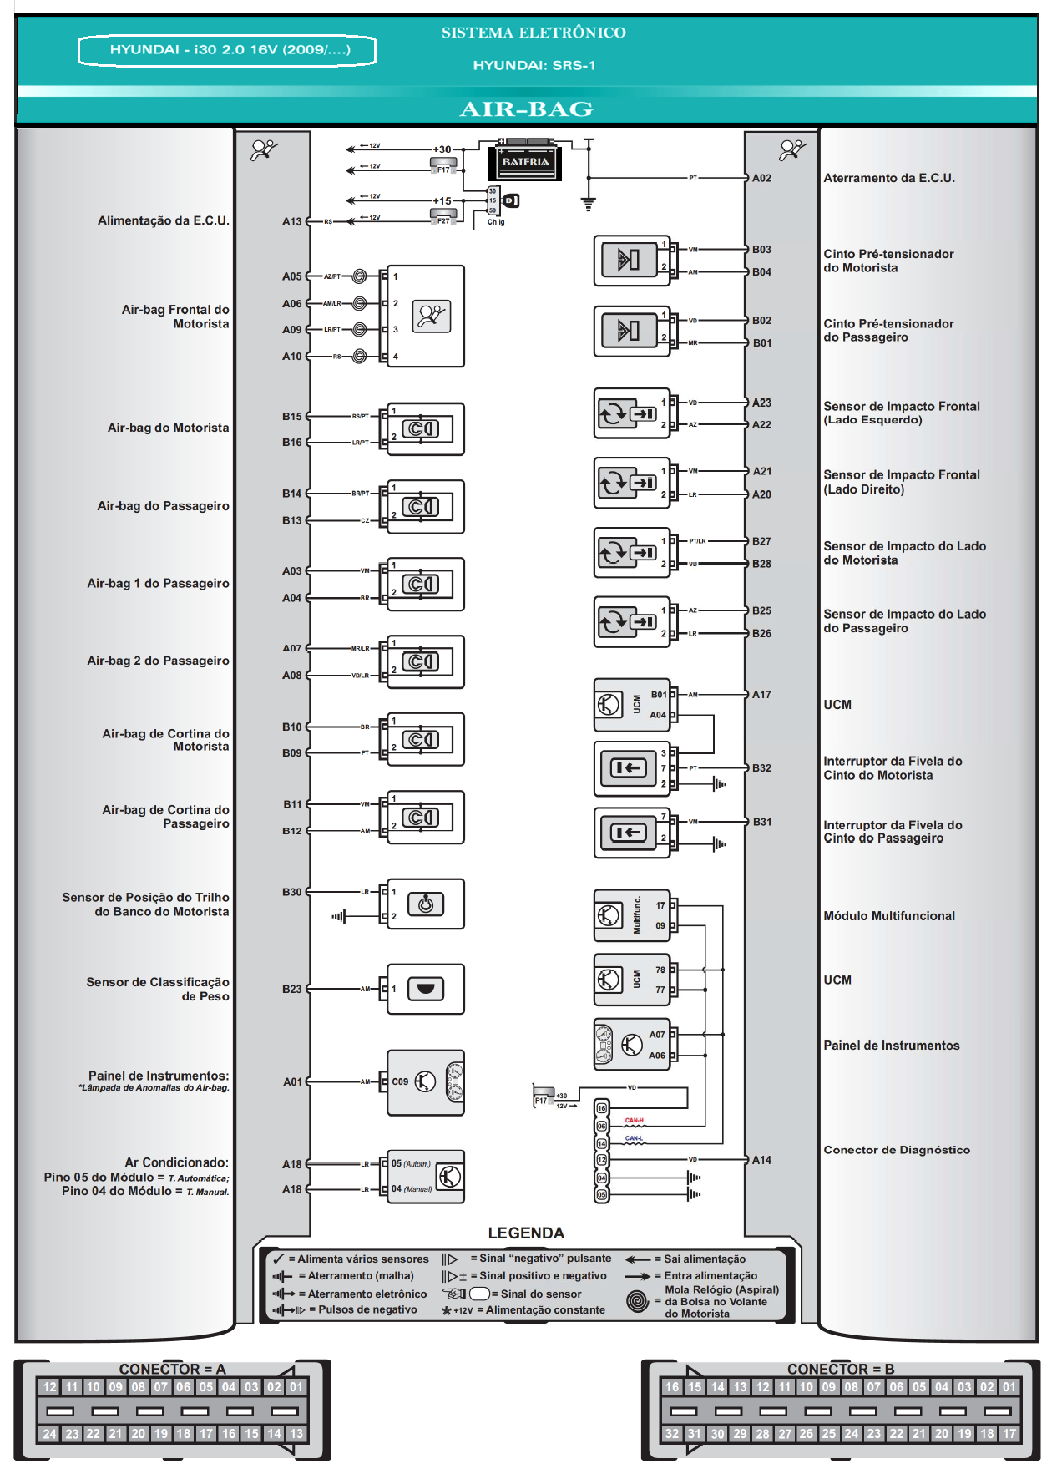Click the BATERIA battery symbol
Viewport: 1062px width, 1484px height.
coord(525,161)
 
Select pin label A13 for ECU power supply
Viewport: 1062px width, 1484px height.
coord(291,221)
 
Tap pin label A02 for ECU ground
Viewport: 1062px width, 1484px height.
coord(761,178)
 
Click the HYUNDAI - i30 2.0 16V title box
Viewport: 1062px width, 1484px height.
coord(227,50)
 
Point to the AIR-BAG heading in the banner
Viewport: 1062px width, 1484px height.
coord(526,109)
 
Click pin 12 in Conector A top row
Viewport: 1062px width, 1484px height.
coord(49,1387)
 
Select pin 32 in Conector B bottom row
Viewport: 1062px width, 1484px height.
coord(672,1434)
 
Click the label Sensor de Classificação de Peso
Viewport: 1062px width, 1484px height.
coord(159,989)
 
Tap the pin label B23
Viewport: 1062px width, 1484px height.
coord(291,989)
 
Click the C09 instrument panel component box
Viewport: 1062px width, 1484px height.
coord(426,1082)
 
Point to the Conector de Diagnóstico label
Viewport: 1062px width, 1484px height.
coord(897,1150)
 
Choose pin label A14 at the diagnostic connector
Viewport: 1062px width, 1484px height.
coord(761,1160)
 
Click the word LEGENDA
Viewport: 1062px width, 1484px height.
coord(526,1233)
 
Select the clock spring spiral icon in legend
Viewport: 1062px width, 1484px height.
coord(638,1301)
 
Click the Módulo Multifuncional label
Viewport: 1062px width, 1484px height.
coord(889,916)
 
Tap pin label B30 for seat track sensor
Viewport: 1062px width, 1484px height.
coord(291,892)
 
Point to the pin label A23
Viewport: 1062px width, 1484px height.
coord(761,403)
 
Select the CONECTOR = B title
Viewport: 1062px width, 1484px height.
coord(840,1369)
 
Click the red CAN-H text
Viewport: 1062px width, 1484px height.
coord(635,1120)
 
